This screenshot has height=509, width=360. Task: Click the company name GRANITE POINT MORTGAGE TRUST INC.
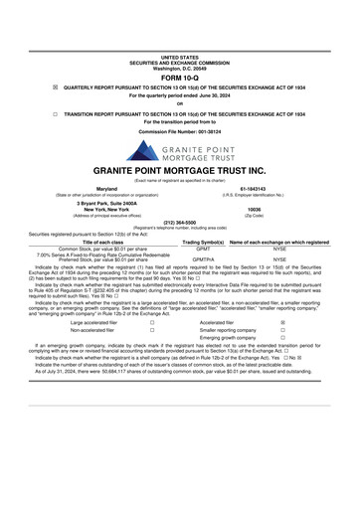pyautogui.click(x=179, y=170)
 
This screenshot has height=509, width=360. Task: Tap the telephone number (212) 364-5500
pyautogui.click(x=179, y=223)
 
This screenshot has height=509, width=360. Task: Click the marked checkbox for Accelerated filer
pyautogui.click(x=282, y=323)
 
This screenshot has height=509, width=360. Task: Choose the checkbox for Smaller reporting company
pyautogui.click(x=282, y=331)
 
